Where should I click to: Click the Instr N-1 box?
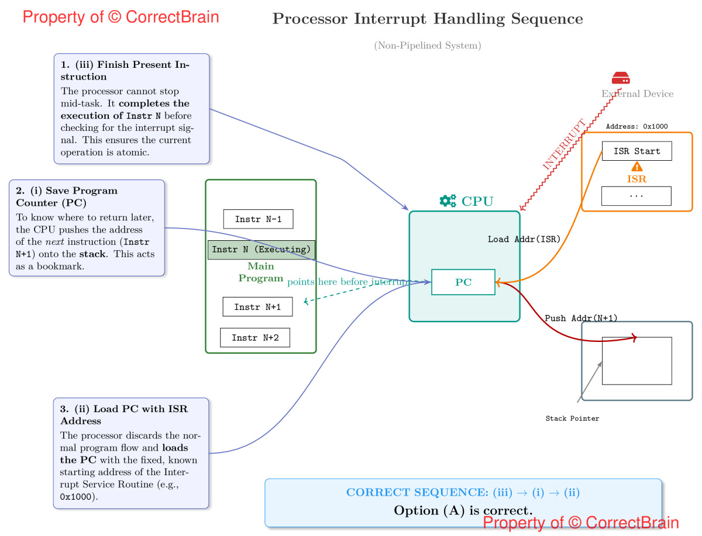tap(258, 219)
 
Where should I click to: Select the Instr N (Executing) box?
tap(261, 250)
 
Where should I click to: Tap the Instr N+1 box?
tap(257, 307)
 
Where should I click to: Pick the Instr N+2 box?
tap(254, 338)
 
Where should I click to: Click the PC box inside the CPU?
tap(463, 282)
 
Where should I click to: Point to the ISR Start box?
tap(636, 151)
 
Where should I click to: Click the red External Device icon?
tap(621, 78)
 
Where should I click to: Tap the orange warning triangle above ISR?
tap(637, 167)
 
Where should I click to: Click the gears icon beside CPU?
tap(448, 201)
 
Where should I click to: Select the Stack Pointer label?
tap(572, 419)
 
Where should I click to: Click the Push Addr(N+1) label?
tap(581, 319)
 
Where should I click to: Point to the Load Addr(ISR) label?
tap(524, 239)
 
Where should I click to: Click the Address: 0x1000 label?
tap(636, 126)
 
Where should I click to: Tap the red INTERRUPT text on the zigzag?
tap(564, 145)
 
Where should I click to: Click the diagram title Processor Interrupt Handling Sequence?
tap(428, 19)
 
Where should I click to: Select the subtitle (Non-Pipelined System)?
tap(428, 46)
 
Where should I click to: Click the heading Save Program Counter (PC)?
tap(67, 196)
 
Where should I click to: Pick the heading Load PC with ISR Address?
tap(124, 414)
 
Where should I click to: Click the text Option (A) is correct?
tap(463, 510)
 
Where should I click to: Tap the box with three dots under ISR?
tap(636, 196)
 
